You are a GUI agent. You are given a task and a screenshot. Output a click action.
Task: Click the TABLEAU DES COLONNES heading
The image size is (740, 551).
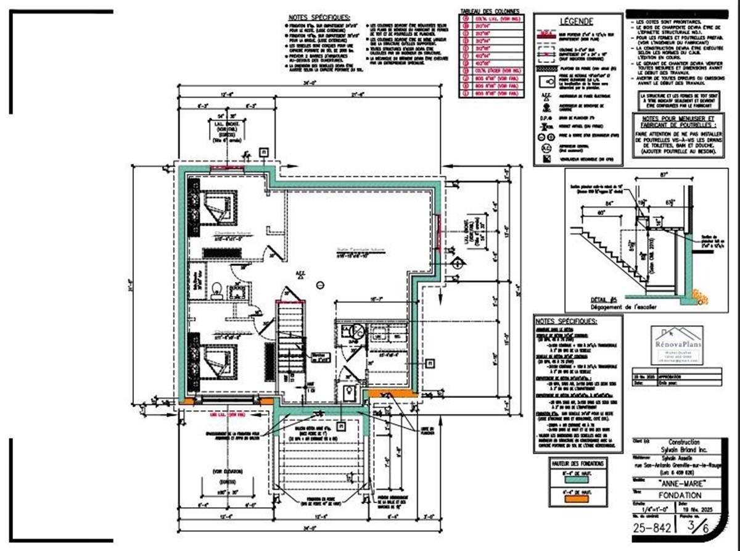point(490,11)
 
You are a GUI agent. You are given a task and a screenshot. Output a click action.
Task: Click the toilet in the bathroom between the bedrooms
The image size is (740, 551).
point(215,289)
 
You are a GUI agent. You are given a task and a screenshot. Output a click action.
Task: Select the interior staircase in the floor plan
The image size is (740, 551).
point(289,346)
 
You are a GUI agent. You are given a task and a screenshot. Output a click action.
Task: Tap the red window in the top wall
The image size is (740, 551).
point(228,168)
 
